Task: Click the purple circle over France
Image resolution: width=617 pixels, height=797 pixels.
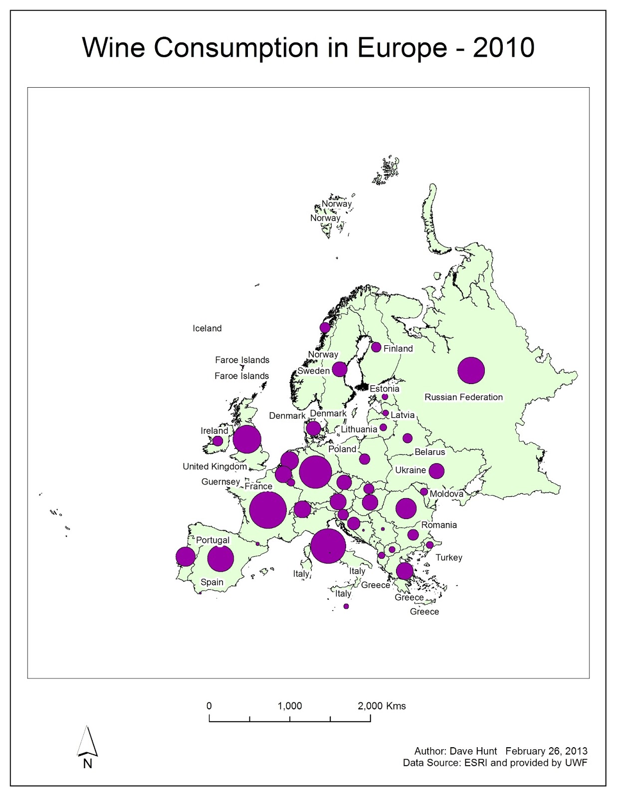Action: click(268, 510)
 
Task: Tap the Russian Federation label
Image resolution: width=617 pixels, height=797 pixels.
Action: click(463, 397)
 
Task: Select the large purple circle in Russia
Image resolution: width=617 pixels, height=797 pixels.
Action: click(471, 370)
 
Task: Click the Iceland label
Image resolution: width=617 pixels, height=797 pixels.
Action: click(207, 328)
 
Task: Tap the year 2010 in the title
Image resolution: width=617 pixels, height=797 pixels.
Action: click(503, 48)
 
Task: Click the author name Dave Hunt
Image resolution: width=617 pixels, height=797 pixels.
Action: click(473, 751)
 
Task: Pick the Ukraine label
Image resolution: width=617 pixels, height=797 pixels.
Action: click(410, 470)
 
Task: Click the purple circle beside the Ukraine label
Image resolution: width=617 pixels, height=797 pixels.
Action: click(436, 471)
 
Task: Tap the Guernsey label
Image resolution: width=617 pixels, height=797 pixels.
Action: click(220, 482)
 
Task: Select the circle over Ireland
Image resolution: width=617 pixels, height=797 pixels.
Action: click(217, 441)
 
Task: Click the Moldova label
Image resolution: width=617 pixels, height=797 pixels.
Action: click(446, 494)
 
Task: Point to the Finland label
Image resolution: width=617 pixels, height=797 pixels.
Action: click(398, 349)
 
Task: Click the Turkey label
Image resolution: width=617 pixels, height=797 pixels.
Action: click(449, 557)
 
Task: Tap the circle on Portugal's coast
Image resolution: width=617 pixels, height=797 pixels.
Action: click(186, 556)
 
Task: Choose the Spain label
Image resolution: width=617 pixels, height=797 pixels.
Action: click(212, 582)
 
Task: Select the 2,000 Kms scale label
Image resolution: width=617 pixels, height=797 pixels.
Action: click(382, 706)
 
